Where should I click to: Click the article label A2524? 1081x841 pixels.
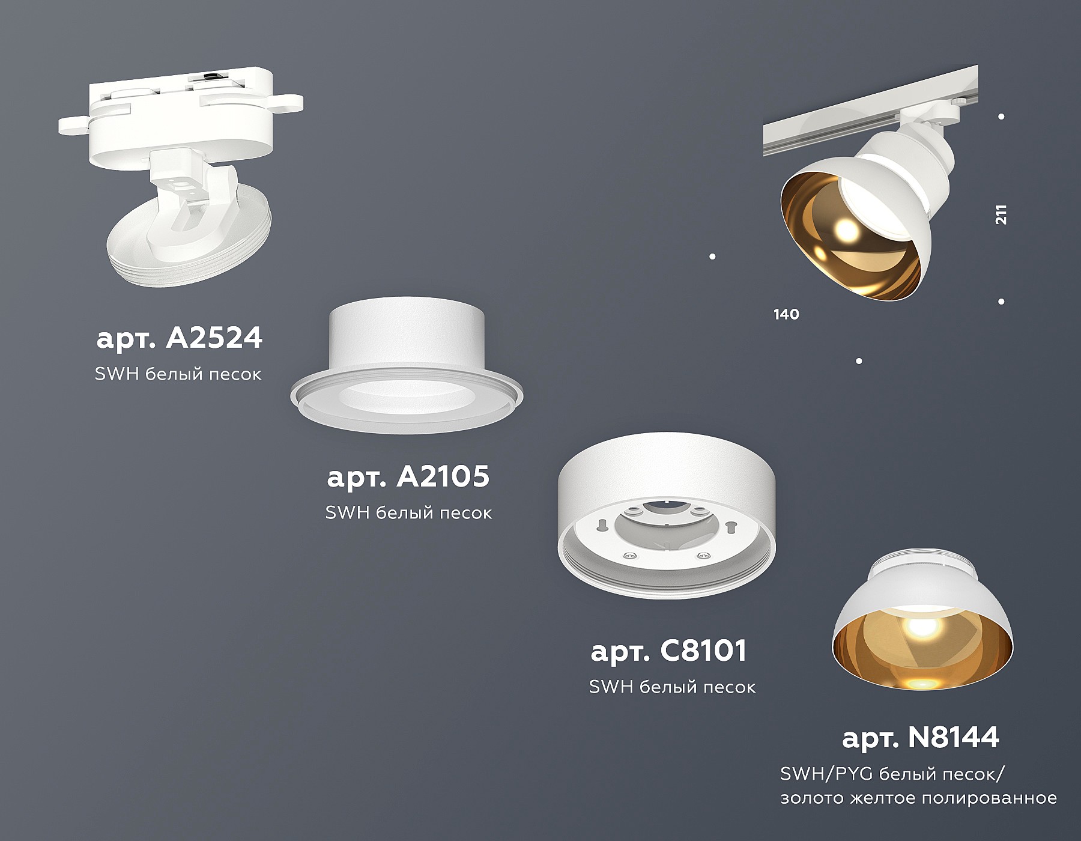pos(179,338)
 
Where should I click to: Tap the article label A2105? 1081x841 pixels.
pos(408,477)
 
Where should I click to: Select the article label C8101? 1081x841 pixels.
pos(668,651)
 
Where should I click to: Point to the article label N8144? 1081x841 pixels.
pos(921,737)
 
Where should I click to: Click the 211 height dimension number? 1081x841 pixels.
pos(1001,214)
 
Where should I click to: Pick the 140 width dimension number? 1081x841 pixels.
pos(787,314)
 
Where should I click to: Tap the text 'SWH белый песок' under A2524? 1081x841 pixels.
pos(178,374)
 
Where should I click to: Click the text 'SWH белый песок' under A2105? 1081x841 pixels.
pos(408,513)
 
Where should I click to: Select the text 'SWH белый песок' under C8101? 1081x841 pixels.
pos(672,687)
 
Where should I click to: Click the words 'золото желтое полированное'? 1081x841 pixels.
pos(918,799)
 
